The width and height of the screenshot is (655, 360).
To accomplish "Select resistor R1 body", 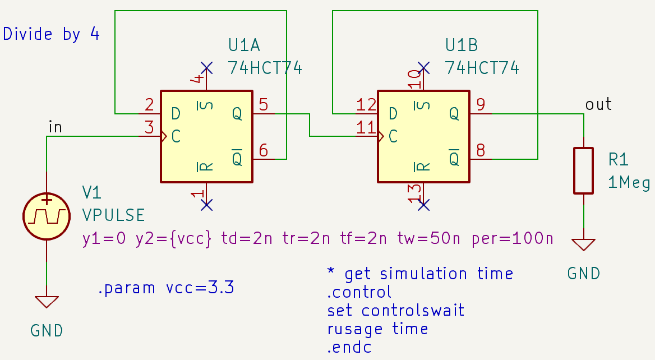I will click(583, 170).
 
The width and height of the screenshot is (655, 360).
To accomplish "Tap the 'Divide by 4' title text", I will click(52, 34).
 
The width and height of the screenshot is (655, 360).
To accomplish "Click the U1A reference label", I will click(245, 45).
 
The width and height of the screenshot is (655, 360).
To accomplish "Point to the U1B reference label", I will click(462, 45).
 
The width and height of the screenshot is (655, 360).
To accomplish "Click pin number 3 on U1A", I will click(149, 127).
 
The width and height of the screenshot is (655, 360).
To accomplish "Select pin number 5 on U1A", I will click(264, 105).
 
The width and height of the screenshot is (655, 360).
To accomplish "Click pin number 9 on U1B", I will click(481, 105).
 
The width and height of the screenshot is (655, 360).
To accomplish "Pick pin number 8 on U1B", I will click(481, 150).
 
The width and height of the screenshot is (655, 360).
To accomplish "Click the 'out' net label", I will click(598, 104).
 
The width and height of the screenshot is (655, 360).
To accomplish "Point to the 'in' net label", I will click(56, 127).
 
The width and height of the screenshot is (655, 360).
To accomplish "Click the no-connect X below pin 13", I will click(424, 205).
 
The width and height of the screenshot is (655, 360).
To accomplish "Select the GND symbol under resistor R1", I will click(583, 245).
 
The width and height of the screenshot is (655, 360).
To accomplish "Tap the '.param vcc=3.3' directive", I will click(165, 289).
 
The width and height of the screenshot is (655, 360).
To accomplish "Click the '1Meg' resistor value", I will click(629, 183).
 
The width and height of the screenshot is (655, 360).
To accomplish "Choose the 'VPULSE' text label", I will click(113, 215).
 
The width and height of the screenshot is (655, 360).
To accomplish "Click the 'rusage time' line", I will click(377, 329).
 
